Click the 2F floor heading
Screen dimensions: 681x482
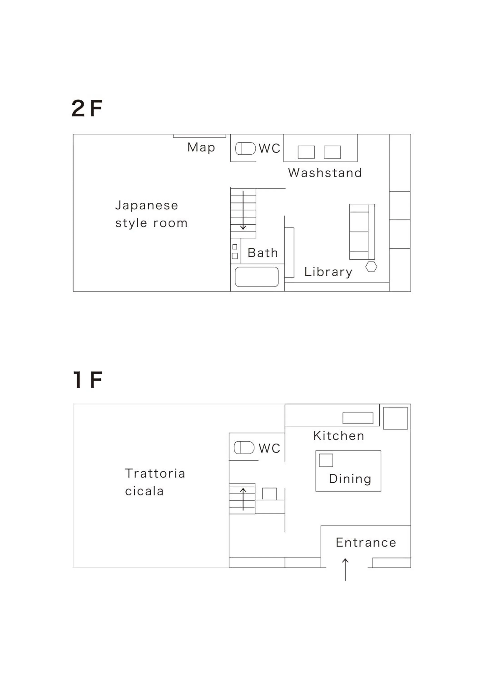[x=87, y=108]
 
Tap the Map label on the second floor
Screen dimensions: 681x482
[x=201, y=147]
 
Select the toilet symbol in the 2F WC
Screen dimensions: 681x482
[x=246, y=148]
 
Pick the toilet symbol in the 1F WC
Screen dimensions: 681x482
[x=244, y=448]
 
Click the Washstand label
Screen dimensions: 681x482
[x=325, y=173]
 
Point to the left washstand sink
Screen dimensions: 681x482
[x=306, y=152]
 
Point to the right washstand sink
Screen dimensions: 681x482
[x=332, y=152]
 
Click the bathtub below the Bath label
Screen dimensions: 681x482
[x=257, y=277]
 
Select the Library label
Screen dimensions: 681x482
[x=328, y=272]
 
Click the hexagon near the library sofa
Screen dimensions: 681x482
[x=371, y=267]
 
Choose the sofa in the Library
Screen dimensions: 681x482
[x=362, y=232]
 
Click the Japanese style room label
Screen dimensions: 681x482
[x=151, y=214]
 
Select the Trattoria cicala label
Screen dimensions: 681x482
[x=155, y=482]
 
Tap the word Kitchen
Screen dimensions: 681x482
[x=339, y=436]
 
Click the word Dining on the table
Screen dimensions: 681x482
[x=350, y=479]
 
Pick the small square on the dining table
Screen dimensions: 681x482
[x=326, y=460]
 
